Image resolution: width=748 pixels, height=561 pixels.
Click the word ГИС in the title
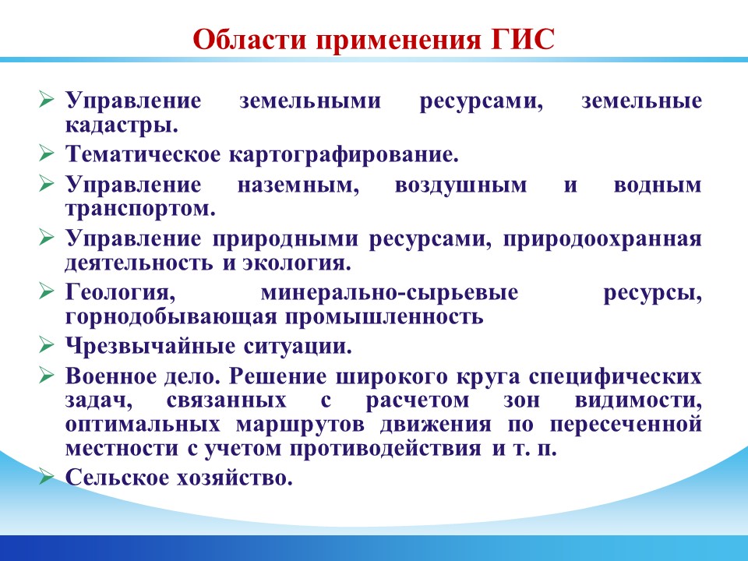[524, 39]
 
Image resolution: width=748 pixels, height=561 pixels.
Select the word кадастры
[122, 125]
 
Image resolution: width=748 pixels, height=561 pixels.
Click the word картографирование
[344, 154]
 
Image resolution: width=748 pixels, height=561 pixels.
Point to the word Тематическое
[143, 154]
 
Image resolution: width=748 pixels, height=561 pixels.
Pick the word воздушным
[460, 185]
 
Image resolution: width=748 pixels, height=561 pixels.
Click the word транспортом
[140, 210]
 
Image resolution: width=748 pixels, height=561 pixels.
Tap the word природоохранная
[602, 239]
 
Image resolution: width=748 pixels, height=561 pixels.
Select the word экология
[297, 263]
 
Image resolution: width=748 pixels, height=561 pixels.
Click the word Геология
[120, 293]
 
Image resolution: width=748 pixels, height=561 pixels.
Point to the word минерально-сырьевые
[390, 293]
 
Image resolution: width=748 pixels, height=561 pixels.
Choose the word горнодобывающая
[171, 317]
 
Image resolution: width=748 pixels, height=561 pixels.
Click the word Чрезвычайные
[150, 346]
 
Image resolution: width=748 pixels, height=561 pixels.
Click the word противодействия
[386, 449]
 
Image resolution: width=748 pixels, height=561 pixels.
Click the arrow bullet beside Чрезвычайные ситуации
[46, 344]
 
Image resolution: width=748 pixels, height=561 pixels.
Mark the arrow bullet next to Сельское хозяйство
[46, 476]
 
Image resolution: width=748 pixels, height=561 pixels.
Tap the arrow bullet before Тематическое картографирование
[46, 153]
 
